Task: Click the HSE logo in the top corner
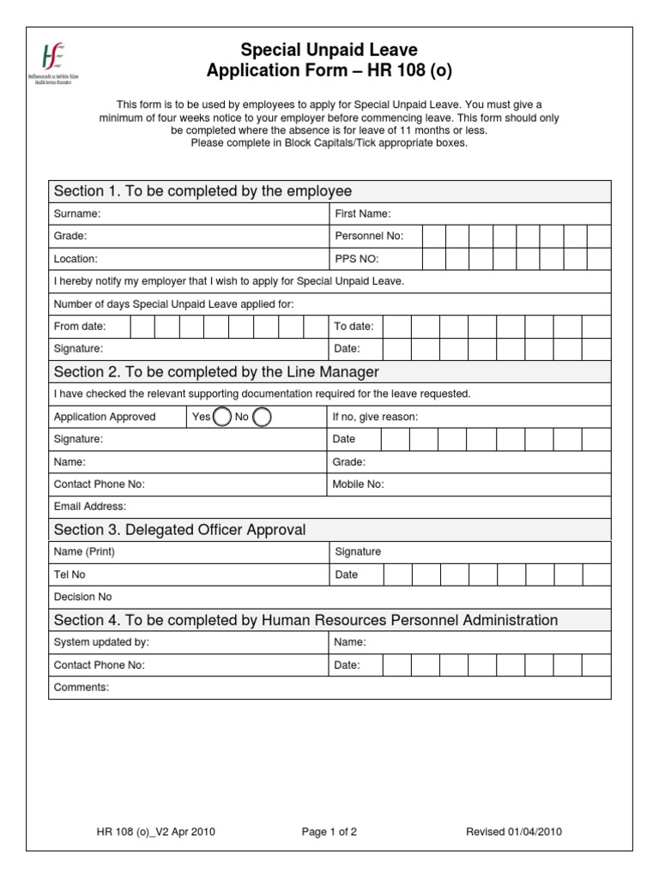click(x=58, y=64)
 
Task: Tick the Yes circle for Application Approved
click(x=221, y=417)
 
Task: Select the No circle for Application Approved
click(x=262, y=417)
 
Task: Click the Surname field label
click(x=77, y=213)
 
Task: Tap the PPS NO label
click(x=356, y=258)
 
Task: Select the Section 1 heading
click(x=203, y=190)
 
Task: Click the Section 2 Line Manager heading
click(x=216, y=371)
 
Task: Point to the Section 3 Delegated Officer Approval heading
click(x=179, y=529)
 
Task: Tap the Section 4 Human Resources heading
click(x=305, y=620)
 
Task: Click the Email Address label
click(x=90, y=507)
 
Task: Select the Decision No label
click(x=82, y=597)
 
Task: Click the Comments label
click(x=82, y=687)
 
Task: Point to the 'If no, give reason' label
click(x=375, y=417)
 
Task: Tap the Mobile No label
click(x=358, y=484)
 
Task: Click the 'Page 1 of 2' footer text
click(x=329, y=832)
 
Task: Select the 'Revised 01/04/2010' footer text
click(x=514, y=832)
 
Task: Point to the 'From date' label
click(x=80, y=327)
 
